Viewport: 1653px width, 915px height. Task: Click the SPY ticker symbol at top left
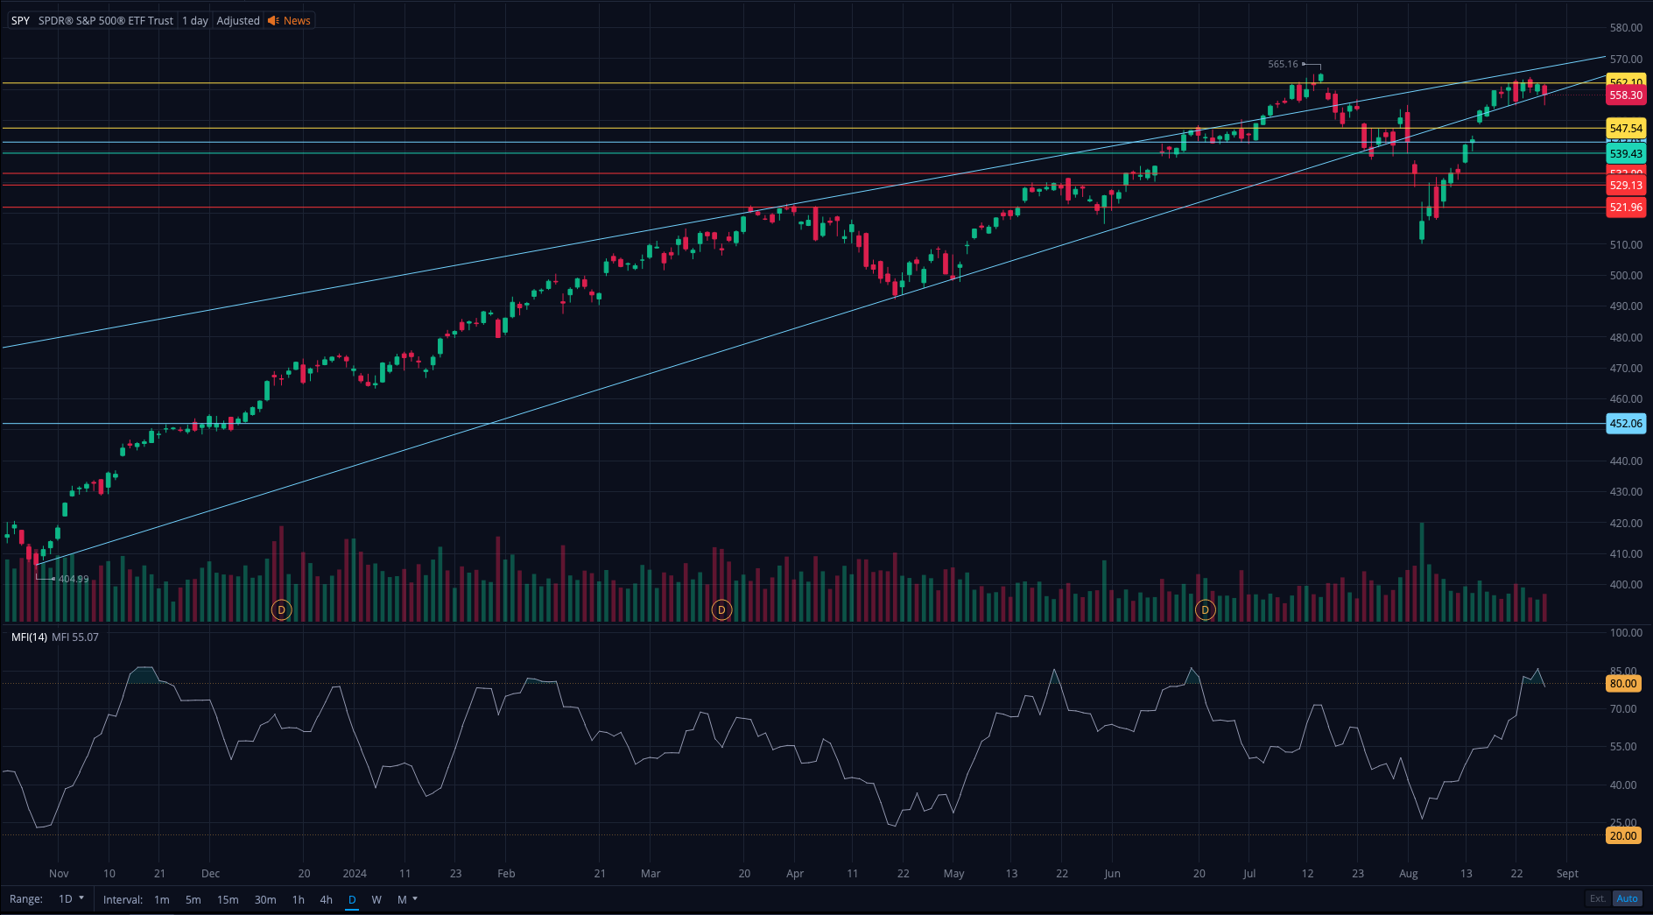click(x=20, y=20)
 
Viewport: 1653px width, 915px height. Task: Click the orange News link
click(x=296, y=20)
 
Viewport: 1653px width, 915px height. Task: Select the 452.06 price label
click(x=1626, y=424)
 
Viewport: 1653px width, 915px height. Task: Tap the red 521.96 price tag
click(x=1626, y=208)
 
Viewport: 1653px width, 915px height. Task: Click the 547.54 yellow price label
click(x=1626, y=129)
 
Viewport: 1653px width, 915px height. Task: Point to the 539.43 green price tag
click(x=1626, y=154)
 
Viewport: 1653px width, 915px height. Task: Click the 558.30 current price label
click(x=1626, y=95)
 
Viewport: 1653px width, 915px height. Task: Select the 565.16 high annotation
click(x=1283, y=64)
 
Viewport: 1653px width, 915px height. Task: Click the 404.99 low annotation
click(x=74, y=579)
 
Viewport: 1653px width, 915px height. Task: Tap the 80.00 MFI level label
click(x=1622, y=684)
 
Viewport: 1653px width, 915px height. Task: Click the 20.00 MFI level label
click(x=1622, y=836)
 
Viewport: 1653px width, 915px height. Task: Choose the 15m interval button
click(x=228, y=899)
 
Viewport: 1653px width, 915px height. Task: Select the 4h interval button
click(x=326, y=899)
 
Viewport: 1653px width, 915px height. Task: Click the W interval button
click(x=376, y=899)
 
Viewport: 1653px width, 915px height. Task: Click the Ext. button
click(x=1598, y=898)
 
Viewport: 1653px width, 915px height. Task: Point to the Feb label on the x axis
click(x=506, y=874)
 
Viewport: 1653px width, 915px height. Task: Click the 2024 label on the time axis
click(x=355, y=874)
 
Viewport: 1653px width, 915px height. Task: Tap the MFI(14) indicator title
click(x=29, y=637)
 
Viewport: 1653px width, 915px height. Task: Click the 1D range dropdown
click(x=71, y=899)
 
